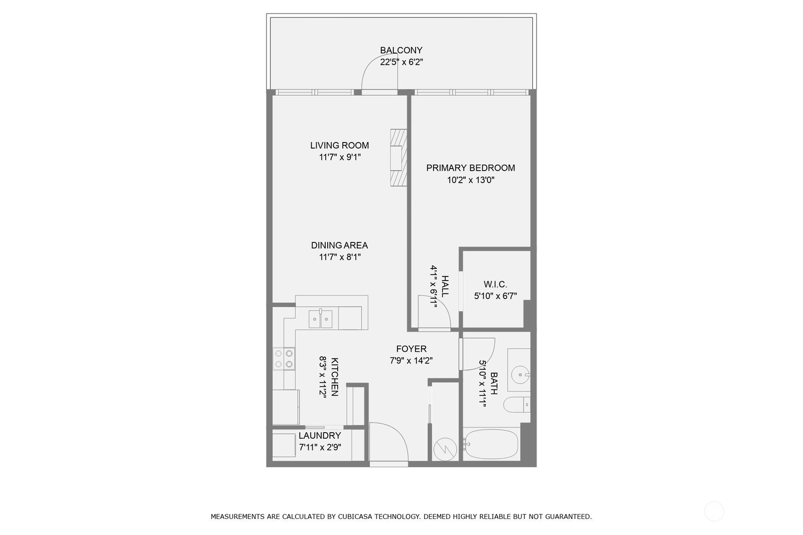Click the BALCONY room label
pyautogui.click(x=401, y=50)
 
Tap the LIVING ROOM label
pyautogui.click(x=339, y=145)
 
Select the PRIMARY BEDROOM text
pyautogui.click(x=470, y=168)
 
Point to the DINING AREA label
pyautogui.click(x=339, y=245)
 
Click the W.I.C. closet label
pyautogui.click(x=495, y=285)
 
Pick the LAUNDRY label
pyautogui.click(x=320, y=435)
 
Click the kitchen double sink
pyautogui.click(x=321, y=319)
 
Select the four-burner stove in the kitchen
pyautogui.click(x=284, y=359)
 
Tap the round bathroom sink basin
pyautogui.click(x=520, y=375)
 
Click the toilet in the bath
pyautogui.click(x=517, y=405)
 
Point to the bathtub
pyautogui.click(x=491, y=444)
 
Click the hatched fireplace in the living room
pyautogui.click(x=398, y=158)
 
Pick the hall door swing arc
pyautogui.click(x=442, y=304)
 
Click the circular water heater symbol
pyautogui.click(x=445, y=449)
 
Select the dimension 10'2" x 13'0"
pyautogui.click(x=470, y=180)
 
